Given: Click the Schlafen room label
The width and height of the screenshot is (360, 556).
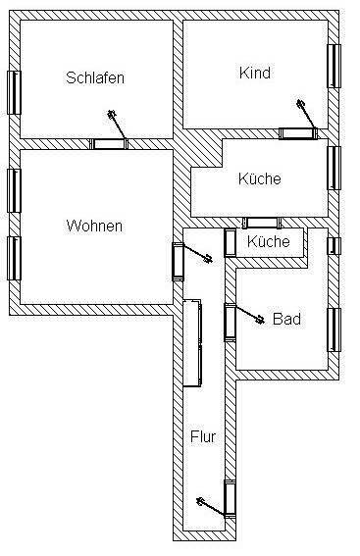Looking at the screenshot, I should (x=95, y=77).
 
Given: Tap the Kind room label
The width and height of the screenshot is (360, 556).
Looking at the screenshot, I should (x=254, y=73).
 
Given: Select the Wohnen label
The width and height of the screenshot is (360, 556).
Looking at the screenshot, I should (x=94, y=226).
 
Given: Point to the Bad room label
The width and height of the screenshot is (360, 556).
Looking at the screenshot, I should (x=286, y=319).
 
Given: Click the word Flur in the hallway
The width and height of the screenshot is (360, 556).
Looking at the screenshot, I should (x=202, y=436).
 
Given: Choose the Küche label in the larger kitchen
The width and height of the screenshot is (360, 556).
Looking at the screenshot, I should (x=259, y=178).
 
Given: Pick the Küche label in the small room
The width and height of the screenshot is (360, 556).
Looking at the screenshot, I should (x=268, y=241).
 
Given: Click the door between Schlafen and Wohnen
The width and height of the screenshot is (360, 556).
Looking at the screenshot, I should (x=110, y=144).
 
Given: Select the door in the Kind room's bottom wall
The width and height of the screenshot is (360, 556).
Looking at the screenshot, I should (x=296, y=133).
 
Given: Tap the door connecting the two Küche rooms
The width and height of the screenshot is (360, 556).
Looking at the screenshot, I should (x=260, y=223).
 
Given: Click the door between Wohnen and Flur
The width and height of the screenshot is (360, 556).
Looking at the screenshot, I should (x=179, y=262).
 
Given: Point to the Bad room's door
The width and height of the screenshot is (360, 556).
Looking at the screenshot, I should (x=230, y=322).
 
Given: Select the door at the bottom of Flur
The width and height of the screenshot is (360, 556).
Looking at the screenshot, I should (x=230, y=498).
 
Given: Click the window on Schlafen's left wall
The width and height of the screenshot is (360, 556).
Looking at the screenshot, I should (x=15, y=92).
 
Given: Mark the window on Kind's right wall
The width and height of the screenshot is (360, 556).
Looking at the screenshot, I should (x=334, y=73).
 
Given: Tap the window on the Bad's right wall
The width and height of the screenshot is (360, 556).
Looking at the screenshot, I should (x=334, y=329).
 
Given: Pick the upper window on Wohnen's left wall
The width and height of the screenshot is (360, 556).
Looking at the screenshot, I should (x=15, y=189).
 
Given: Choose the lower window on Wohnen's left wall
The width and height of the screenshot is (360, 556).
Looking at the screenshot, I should (x=15, y=257).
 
